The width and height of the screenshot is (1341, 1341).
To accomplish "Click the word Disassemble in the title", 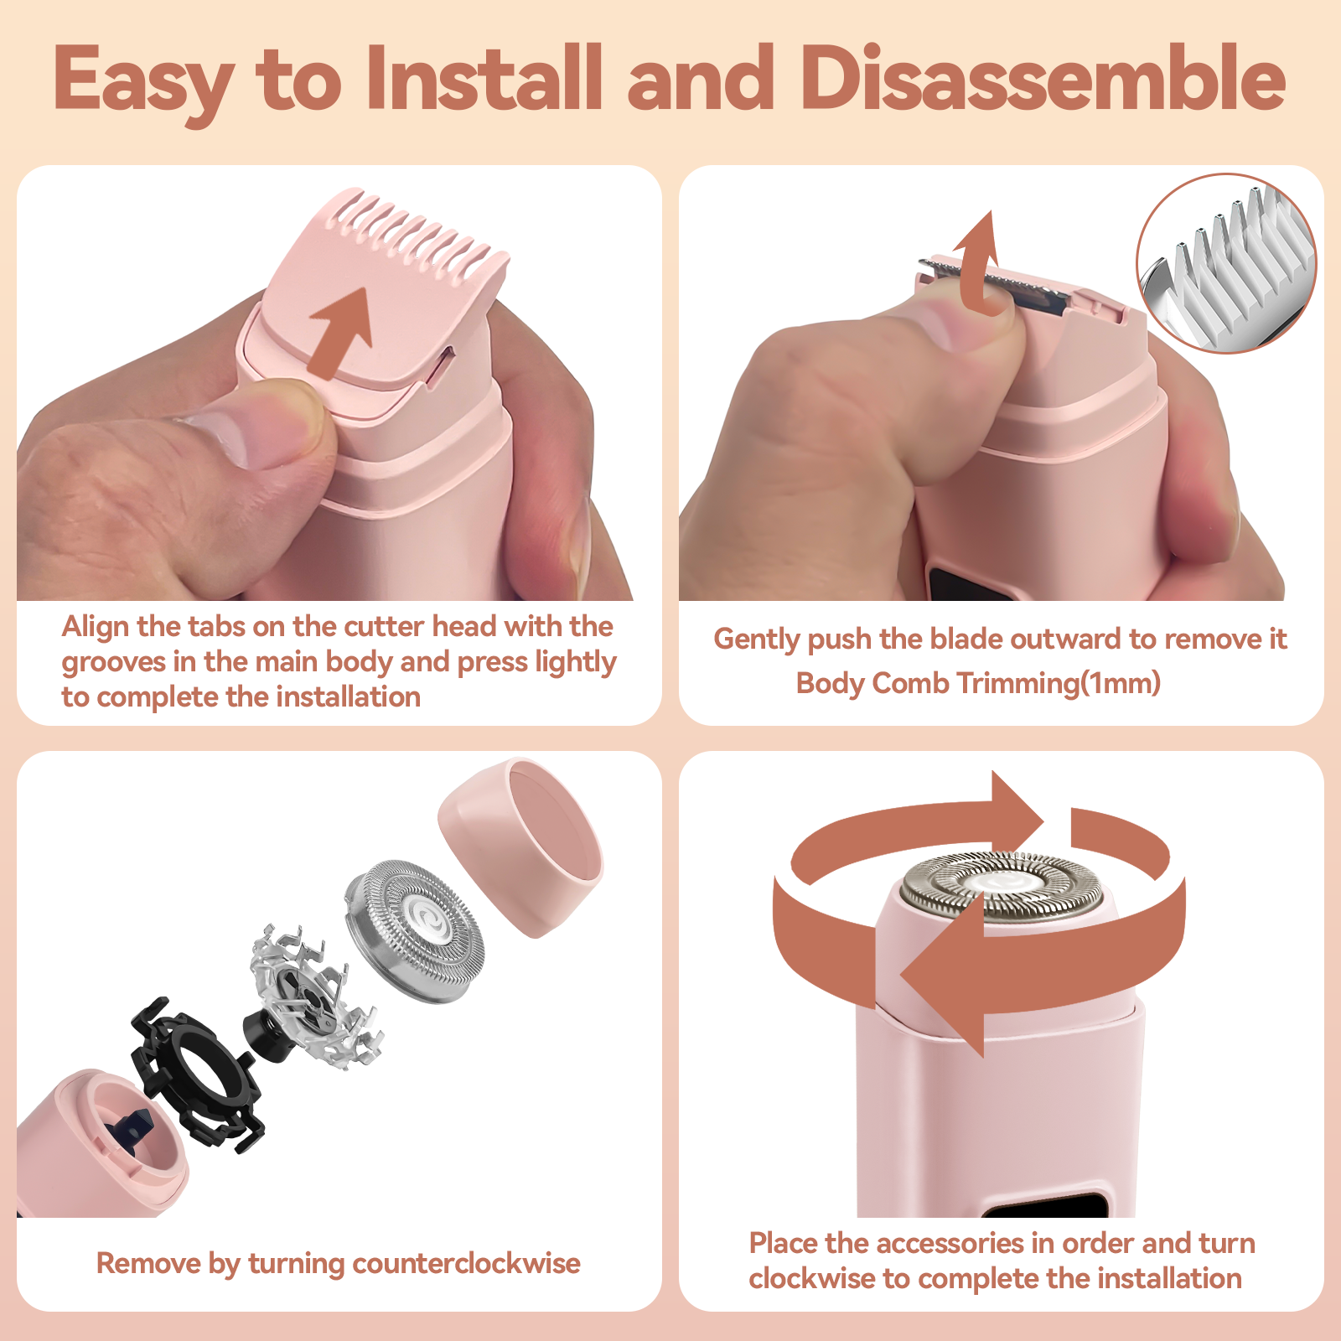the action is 1043,78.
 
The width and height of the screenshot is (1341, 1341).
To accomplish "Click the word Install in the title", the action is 484,78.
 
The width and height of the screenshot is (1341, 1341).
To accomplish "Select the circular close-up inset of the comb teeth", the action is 1226,263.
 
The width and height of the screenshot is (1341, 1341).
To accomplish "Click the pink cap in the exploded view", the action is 520,847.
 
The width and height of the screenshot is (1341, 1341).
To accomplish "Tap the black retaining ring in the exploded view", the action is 198,1073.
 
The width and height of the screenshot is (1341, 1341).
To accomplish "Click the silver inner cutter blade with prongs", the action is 314,997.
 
